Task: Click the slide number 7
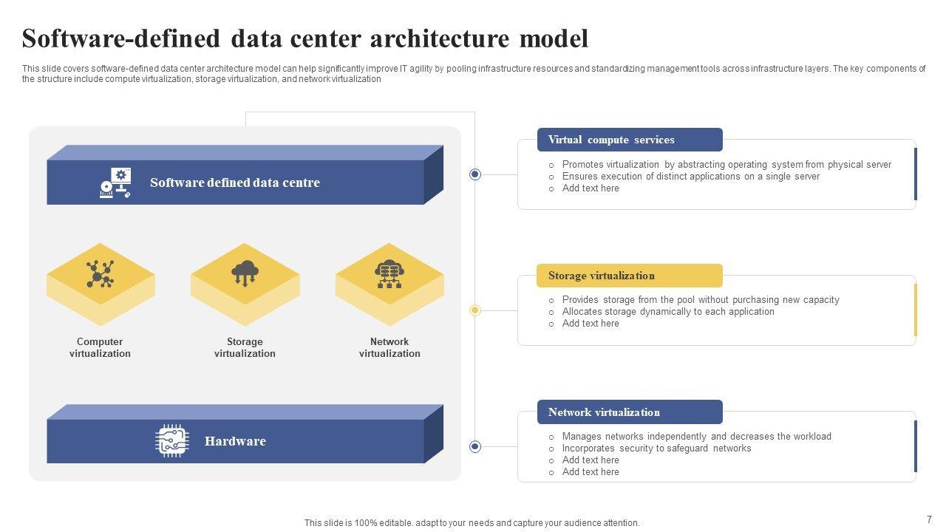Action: pyautogui.click(x=929, y=519)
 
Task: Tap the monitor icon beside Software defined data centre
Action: pyautogui.click(x=115, y=183)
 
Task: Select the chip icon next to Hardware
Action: pyautogui.click(x=172, y=441)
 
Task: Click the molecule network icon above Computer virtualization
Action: pyautogui.click(x=100, y=274)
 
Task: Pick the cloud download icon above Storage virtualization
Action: pyautogui.click(x=245, y=273)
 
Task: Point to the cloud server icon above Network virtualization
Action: pyautogui.click(x=389, y=273)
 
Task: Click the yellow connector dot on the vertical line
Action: pyautogui.click(x=475, y=310)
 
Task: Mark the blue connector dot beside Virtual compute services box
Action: pyautogui.click(x=475, y=174)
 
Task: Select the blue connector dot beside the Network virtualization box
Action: pyautogui.click(x=475, y=446)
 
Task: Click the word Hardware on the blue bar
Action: pyautogui.click(x=235, y=441)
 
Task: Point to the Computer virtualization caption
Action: pyautogui.click(x=100, y=347)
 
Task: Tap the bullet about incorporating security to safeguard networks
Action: pyautogui.click(x=656, y=449)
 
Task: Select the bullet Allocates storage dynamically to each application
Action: pyautogui.click(x=668, y=312)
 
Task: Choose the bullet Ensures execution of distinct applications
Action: pyautogui.click(x=690, y=177)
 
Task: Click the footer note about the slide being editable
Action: pyautogui.click(x=472, y=522)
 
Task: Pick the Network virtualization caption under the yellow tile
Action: pyautogui.click(x=389, y=347)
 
